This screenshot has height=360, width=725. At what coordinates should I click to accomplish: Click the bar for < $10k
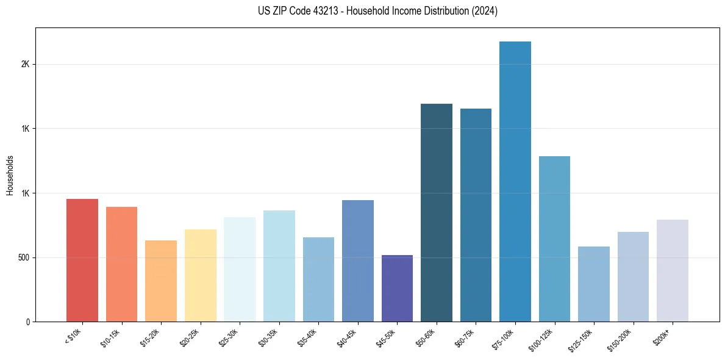82,261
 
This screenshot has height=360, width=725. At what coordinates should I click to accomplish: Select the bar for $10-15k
121,264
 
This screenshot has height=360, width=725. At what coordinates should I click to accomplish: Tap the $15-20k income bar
161,281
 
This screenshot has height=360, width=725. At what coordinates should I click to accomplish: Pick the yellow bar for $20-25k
201,276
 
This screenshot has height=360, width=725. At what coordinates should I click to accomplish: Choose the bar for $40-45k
358,261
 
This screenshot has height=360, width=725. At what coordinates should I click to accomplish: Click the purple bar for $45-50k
397,289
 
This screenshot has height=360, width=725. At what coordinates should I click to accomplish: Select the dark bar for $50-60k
437,213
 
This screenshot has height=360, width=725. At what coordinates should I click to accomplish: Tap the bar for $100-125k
555,239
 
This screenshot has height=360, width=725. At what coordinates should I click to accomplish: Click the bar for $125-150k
594,284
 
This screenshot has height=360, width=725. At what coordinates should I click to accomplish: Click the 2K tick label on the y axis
25,65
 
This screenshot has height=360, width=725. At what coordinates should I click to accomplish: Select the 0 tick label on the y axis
28,322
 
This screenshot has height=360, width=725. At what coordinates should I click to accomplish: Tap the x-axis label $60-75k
466,338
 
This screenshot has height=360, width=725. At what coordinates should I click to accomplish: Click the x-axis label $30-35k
269,338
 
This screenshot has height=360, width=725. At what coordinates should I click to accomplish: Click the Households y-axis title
10,175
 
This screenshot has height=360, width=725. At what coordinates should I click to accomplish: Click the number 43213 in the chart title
322,11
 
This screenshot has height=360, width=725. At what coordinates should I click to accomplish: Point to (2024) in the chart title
485,11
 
